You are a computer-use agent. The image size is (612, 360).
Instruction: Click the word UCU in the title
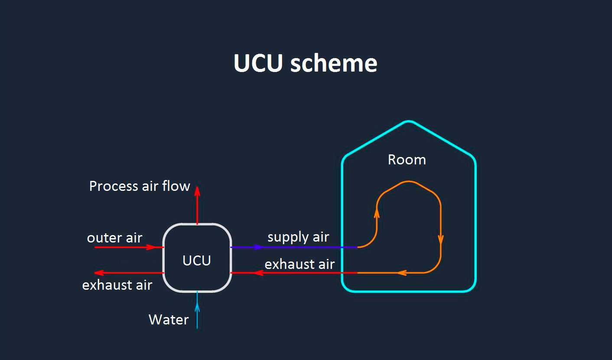click(258, 63)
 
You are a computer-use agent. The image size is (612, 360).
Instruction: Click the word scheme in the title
click(334, 63)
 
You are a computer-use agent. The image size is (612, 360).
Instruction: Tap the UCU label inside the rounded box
click(197, 261)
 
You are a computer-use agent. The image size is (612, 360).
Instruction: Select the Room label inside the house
click(407, 160)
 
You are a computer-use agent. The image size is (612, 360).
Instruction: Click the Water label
click(169, 320)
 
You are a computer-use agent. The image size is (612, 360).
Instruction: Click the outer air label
click(114, 238)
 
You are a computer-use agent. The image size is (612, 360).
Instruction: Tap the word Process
click(114, 187)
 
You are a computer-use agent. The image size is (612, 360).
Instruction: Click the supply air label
click(298, 237)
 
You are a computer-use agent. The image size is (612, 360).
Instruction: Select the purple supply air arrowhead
click(258, 247)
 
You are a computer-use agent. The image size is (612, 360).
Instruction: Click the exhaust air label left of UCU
click(117, 285)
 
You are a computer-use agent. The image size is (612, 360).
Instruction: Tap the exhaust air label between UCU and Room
click(299, 265)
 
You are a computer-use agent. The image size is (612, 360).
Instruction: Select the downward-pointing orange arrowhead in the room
click(441, 239)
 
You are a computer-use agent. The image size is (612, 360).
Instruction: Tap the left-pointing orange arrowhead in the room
click(401, 273)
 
